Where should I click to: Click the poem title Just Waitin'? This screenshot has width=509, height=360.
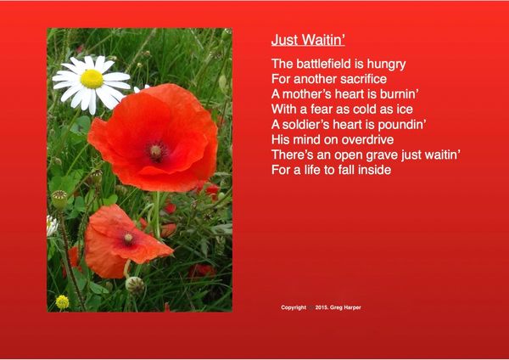pos(308,40)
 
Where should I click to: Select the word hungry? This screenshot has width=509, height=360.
pos(386,65)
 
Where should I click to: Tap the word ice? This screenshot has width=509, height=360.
pos(405,110)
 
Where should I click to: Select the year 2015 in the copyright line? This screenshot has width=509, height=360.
pos(322,307)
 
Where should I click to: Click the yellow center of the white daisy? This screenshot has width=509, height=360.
pos(92,79)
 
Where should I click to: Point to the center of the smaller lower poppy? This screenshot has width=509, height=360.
pos(129,238)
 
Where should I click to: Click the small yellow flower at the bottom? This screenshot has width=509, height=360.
pos(62,302)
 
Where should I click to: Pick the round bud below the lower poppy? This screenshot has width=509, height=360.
pos(135,285)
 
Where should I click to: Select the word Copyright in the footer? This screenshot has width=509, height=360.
pos(294,307)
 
